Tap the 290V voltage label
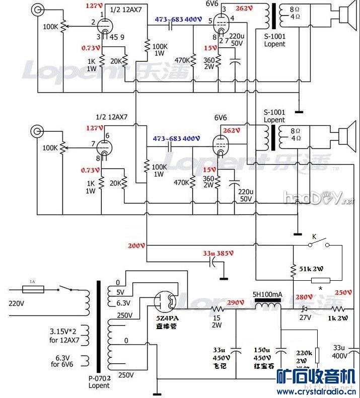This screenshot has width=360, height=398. pos(235,303)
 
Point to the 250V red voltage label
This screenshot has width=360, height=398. pos(344,293)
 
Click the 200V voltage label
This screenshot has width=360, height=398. pos(136,246)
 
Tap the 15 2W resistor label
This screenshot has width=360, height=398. pos(216,321)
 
